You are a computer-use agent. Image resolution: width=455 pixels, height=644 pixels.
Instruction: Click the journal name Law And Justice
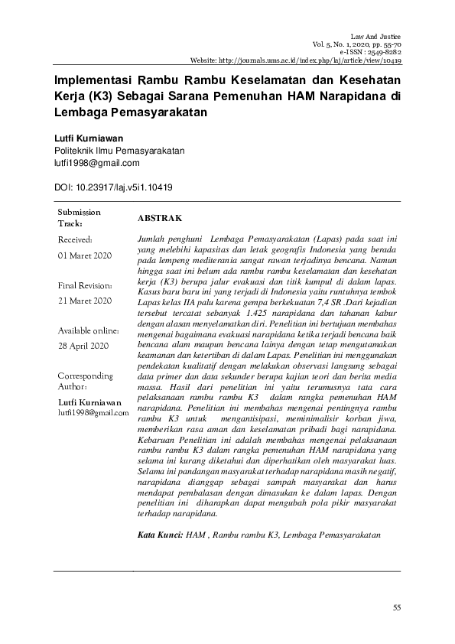pos(375,37)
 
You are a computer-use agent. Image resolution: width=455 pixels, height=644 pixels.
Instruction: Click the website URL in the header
pos(297,60)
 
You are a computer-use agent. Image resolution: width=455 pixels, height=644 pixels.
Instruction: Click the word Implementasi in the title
pos(92,80)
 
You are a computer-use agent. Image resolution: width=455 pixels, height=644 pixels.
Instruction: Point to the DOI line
pos(113,187)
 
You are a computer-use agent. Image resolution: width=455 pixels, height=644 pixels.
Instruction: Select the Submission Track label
pos(79,218)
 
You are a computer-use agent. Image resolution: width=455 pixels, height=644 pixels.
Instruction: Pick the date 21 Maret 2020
pos(84,301)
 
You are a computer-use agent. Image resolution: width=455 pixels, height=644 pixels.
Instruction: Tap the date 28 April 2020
pos(83,346)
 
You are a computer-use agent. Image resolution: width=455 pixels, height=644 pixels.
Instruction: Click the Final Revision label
pos(86,285)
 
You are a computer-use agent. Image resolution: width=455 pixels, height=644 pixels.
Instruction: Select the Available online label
pos(88,331)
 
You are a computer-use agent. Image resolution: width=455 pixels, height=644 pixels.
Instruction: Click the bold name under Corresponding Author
pos(89,402)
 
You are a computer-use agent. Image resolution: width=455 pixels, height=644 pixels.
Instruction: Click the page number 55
pos(396,608)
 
